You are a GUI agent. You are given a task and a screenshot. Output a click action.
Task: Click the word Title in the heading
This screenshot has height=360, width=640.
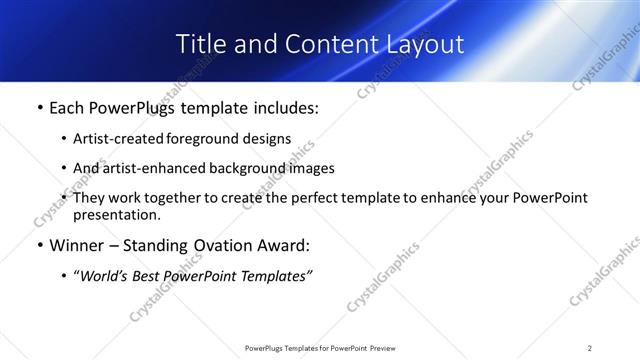[199, 44]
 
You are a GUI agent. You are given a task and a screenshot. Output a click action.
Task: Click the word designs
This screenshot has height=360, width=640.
[267, 139]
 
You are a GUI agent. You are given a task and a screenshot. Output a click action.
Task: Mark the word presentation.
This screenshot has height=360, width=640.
[117, 215]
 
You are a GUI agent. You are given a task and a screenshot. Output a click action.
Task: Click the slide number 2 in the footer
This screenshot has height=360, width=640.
[590, 347]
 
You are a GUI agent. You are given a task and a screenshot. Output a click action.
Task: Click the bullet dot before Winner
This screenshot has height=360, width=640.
[39, 246]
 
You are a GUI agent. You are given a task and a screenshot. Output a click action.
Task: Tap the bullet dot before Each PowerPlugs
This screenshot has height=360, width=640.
[39, 108]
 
